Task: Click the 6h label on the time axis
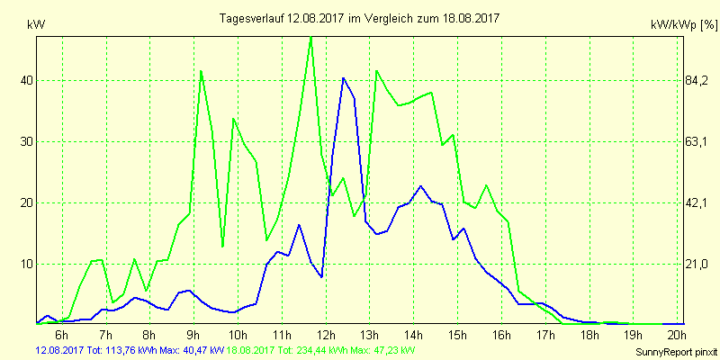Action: coord(62,336)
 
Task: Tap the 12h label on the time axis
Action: coord(325,336)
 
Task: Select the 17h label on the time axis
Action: coord(545,336)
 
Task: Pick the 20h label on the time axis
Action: coord(677,336)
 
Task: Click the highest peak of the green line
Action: coord(310,37)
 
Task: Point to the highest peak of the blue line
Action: coord(343,78)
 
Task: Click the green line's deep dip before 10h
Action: coord(222,246)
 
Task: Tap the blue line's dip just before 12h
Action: coord(321,276)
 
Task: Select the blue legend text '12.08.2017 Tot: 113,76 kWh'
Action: coord(83,349)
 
